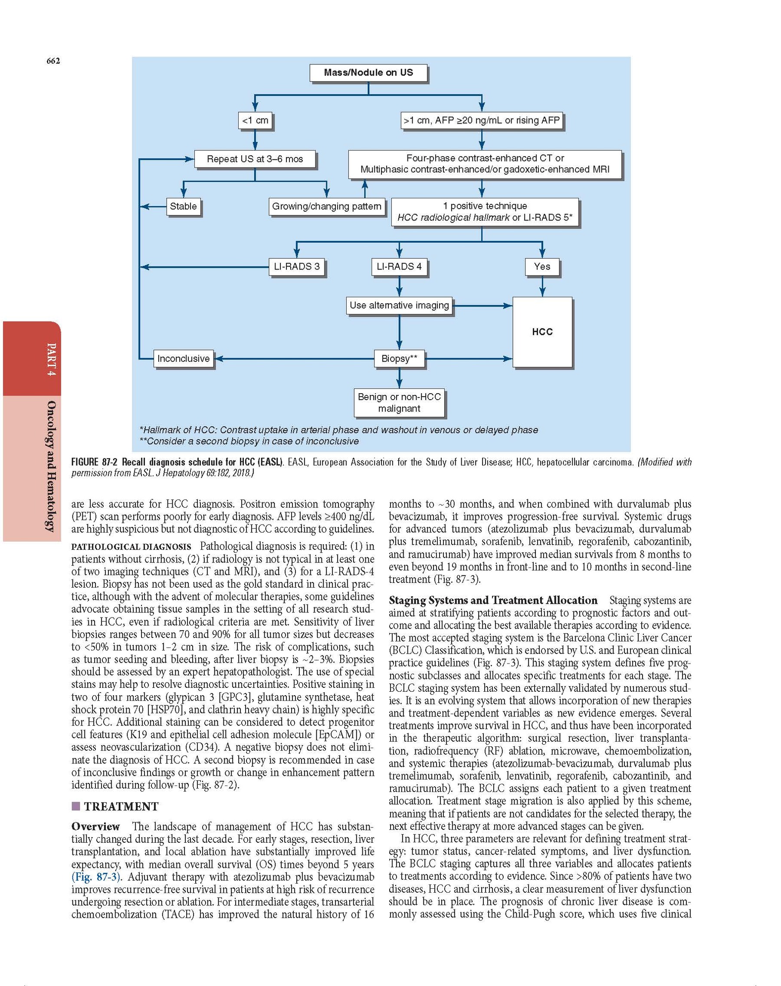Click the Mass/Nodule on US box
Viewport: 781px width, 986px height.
tap(368, 73)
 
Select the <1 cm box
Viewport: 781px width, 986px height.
tap(255, 120)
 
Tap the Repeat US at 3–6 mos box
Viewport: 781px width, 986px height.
tap(255, 159)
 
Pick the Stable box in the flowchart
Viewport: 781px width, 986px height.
tap(183, 206)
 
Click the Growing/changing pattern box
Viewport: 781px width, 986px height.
tap(326, 206)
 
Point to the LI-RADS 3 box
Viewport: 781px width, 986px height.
tap(297, 266)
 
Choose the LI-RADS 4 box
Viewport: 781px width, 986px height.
tap(399, 266)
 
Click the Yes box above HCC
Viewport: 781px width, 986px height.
tap(542, 266)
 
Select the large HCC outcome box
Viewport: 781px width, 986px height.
tap(542, 332)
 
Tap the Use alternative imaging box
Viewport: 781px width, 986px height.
tap(399, 305)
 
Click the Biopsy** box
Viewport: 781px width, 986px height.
tap(399, 358)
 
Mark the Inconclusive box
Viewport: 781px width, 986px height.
tap(184, 358)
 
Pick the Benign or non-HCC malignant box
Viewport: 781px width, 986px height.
tap(399, 402)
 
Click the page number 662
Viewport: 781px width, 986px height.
tap(53, 61)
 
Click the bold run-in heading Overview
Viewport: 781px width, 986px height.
tap(95, 826)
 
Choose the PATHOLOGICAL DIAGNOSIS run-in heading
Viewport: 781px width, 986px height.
tap(131, 546)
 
